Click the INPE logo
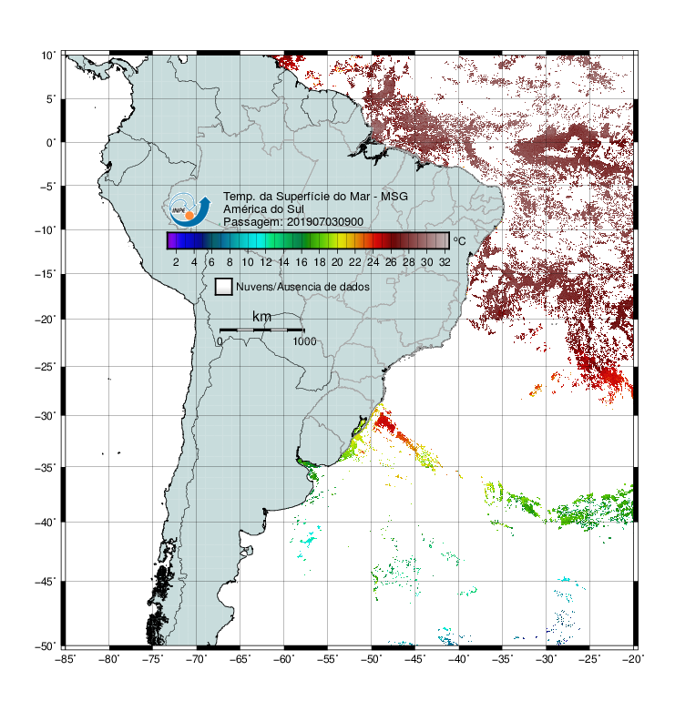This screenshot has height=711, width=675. [x=189, y=209]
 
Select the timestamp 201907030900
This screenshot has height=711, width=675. [x=325, y=222]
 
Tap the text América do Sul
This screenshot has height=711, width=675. [x=263, y=209]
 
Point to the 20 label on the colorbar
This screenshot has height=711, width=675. [x=337, y=262]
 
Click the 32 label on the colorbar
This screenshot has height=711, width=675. [x=445, y=262]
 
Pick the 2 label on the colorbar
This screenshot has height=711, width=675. [x=176, y=262]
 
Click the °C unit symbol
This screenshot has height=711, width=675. [x=459, y=240]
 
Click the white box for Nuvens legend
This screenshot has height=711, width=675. [x=224, y=287]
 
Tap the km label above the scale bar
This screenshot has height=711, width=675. [x=261, y=317]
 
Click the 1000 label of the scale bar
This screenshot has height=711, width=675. [x=304, y=341]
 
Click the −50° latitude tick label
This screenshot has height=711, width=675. [x=46, y=646]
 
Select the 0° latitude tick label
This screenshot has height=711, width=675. [x=51, y=143]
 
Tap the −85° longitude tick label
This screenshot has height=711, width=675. [x=65, y=659]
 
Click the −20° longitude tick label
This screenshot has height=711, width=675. [x=633, y=659]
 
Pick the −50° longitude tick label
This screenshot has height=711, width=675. [x=372, y=659]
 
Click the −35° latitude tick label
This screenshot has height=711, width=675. [x=46, y=467]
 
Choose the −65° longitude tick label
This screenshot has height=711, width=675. [x=240, y=659]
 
